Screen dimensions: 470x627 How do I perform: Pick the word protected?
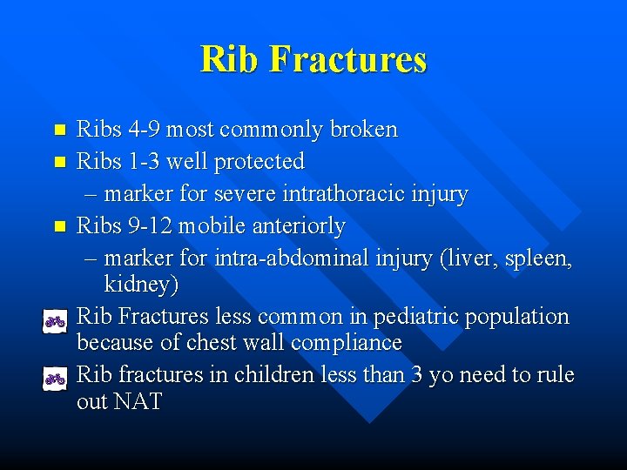click(262, 161)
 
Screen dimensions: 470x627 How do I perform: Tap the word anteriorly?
click(296, 225)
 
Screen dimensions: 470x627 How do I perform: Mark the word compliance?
click(347, 343)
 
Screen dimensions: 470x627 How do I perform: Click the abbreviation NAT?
click(138, 402)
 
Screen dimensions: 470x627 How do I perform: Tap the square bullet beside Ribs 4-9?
click(59, 131)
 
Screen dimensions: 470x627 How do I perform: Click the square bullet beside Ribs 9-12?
click(59, 226)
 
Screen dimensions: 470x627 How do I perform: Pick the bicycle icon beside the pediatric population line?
click(55, 321)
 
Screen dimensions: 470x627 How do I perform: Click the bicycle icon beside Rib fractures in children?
click(55, 378)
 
